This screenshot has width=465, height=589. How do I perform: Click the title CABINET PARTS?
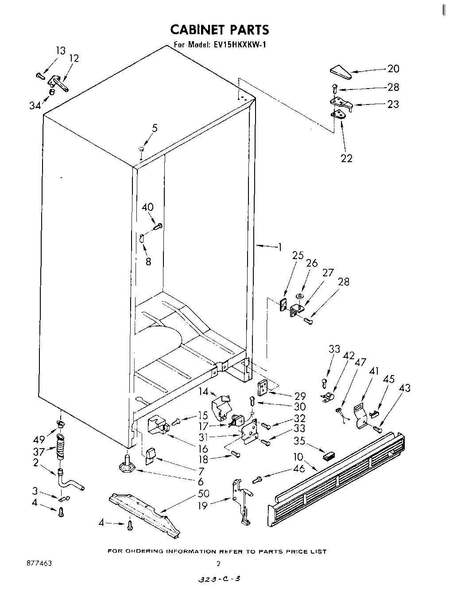pos(220,30)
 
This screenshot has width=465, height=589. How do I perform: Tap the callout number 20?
pos(393,69)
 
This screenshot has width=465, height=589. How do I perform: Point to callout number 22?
pos(346,158)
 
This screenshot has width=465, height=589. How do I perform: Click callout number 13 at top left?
pos(60,50)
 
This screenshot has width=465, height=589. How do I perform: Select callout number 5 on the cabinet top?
pos(155,128)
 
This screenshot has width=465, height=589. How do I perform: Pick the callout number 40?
pos(148,207)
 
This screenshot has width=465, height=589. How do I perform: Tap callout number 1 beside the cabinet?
pos(279,247)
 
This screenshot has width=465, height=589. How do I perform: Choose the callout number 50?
pos(204,493)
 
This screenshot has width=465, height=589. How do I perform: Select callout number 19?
pos(202,505)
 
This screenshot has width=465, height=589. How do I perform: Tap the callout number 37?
pos(39,452)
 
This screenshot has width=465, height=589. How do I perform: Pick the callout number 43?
pos(404,388)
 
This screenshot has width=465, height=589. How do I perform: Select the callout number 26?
pos(312,263)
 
